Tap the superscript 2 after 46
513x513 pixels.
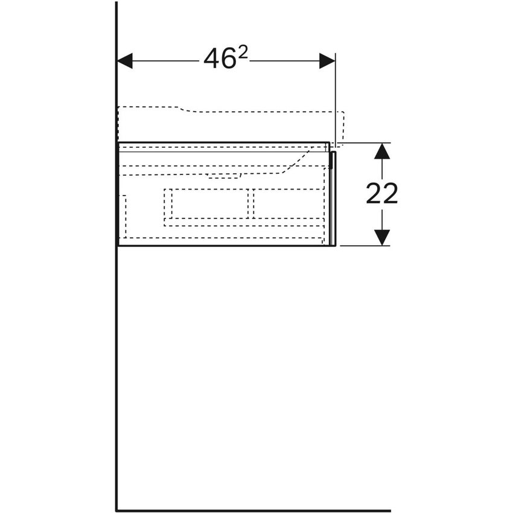[242, 53]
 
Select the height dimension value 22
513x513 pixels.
[381, 194]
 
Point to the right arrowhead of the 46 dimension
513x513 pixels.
[327, 60]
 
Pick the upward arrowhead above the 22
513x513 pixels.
[381, 151]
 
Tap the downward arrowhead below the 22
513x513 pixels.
[381, 238]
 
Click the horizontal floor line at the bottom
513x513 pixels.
[253, 511]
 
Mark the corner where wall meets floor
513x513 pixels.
[116, 511]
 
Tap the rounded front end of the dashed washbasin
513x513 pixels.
[341, 127]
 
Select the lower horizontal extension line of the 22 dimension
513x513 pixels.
[362, 246]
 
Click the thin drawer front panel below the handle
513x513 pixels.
[333, 205]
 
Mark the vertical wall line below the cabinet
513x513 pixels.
[116, 374]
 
